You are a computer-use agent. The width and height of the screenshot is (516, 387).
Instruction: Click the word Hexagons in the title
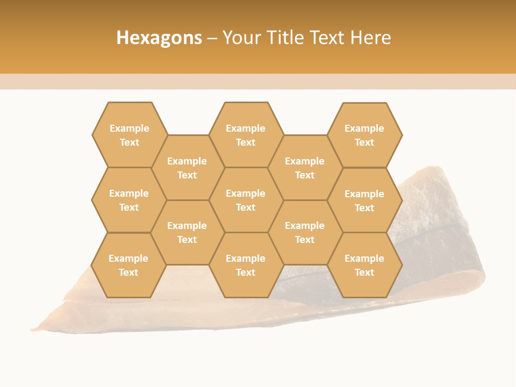point(159,38)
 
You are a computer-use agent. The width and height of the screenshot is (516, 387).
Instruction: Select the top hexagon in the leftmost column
point(129,135)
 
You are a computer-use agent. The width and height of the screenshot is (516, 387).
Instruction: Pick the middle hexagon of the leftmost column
point(129,200)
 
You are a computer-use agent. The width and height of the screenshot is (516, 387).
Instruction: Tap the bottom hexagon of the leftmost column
point(128,265)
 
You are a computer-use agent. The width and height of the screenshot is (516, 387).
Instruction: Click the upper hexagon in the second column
point(187,168)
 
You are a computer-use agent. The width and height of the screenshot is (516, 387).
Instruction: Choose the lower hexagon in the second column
point(187,232)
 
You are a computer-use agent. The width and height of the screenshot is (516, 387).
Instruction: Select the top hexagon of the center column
point(246,135)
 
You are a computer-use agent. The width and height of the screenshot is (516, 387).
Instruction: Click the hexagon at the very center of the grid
point(246,200)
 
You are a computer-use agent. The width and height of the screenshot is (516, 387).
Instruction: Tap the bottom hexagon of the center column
point(246,265)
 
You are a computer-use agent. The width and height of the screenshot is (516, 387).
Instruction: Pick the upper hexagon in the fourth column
point(305,168)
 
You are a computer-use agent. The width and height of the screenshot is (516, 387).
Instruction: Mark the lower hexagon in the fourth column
point(305,232)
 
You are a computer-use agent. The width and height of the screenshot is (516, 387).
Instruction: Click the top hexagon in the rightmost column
point(364,135)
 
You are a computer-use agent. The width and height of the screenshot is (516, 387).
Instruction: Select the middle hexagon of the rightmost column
point(364,200)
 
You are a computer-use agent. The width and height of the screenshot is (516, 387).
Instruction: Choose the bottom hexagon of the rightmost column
point(364,265)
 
